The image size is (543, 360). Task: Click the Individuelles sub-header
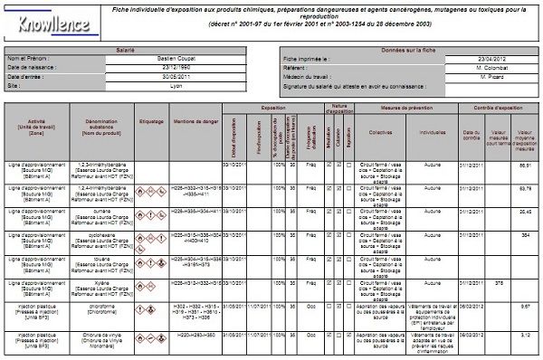tap(433, 132)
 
